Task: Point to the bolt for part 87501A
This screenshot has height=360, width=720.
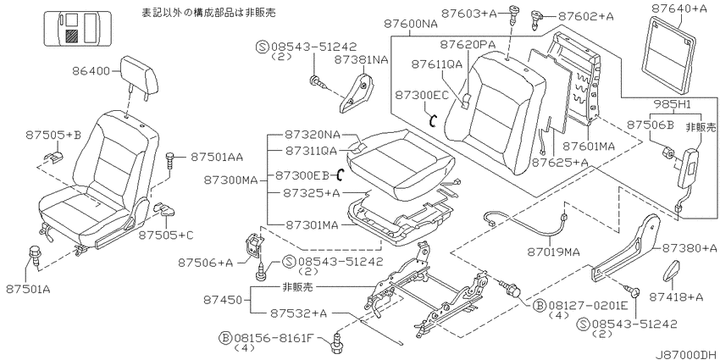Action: point(35,255)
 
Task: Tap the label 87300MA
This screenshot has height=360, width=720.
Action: point(231,180)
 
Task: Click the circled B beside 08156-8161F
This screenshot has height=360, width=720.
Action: point(225,339)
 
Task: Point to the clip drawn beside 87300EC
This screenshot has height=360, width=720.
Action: point(432,120)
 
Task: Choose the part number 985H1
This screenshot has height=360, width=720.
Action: point(674,105)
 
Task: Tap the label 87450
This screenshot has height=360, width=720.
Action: point(222,300)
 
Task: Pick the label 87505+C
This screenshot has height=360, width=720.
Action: point(166,235)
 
